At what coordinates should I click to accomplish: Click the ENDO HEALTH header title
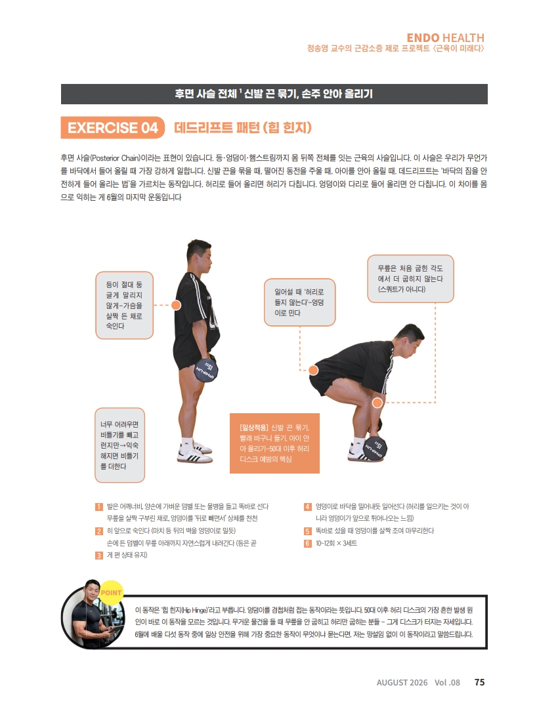pos(445,37)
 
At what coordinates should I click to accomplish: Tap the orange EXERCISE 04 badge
pos(112,127)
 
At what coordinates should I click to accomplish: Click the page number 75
pos(479,682)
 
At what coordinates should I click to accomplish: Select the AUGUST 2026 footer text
pos(402,682)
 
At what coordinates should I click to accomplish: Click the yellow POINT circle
pos(111,593)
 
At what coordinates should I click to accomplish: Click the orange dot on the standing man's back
pos(176,305)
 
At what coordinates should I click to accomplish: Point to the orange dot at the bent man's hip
pos(313,370)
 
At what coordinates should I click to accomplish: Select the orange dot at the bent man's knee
pos(377,402)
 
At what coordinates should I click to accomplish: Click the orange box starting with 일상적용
pos(274,443)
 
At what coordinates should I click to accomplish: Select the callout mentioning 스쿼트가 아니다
pos(410,278)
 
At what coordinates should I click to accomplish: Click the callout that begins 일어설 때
pos(299,302)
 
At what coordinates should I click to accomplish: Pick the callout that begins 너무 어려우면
pos(120,445)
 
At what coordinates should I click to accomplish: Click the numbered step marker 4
pos(308,506)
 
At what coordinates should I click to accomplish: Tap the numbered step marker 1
pos(99,506)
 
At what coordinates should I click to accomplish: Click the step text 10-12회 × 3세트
pos(336,543)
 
